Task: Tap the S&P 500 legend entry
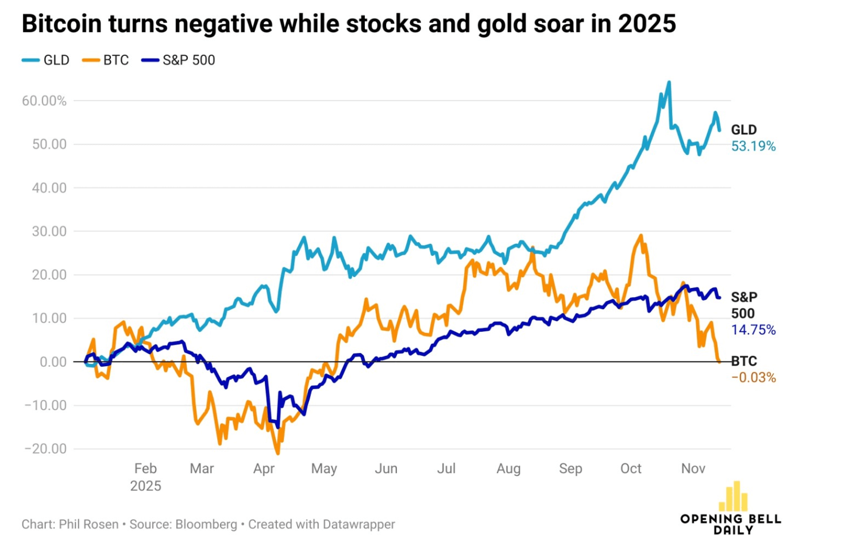pyautogui.click(x=179, y=60)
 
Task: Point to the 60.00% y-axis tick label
pyautogui.click(x=44, y=101)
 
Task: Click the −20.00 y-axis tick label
pyautogui.click(x=45, y=449)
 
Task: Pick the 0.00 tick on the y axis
pyautogui.click(x=53, y=362)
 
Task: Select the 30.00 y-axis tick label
pyautogui.click(x=49, y=232)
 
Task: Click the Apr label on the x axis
pyautogui.click(x=264, y=468)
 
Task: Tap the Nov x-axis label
pyautogui.click(x=693, y=468)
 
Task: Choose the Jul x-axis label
pyautogui.click(x=446, y=468)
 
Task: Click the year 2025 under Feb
pyautogui.click(x=145, y=486)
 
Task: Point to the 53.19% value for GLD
pyautogui.click(x=753, y=147)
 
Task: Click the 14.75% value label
pyautogui.click(x=753, y=330)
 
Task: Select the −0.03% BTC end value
pyautogui.click(x=753, y=378)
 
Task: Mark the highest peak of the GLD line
pyautogui.click(x=669, y=82)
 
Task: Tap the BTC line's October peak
pyautogui.click(x=641, y=235)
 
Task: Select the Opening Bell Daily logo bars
pyautogui.click(x=736, y=497)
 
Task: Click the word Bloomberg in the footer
pyautogui.click(x=206, y=524)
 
